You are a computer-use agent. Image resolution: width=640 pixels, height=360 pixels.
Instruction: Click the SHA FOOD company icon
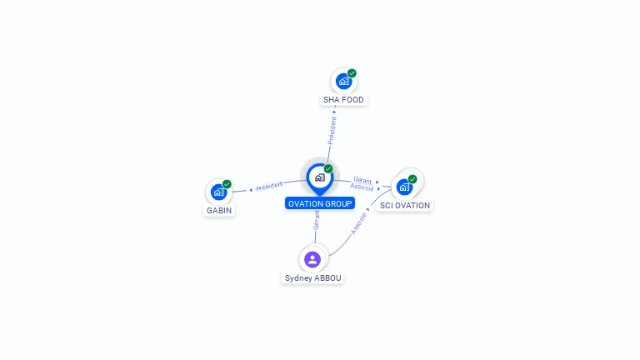click(x=343, y=81)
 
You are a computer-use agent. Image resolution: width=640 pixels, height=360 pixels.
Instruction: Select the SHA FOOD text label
click(x=343, y=100)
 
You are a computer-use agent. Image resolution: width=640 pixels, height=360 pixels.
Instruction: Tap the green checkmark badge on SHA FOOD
click(x=352, y=73)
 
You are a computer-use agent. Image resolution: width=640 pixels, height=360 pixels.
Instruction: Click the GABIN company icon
click(x=219, y=192)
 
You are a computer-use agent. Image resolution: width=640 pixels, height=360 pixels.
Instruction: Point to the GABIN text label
click(x=219, y=211)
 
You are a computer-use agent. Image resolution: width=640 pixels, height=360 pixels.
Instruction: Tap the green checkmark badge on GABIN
click(x=227, y=184)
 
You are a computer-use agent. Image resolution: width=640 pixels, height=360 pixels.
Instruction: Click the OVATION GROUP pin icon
click(x=320, y=179)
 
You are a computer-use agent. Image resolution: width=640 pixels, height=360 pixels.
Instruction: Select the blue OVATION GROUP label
click(x=320, y=203)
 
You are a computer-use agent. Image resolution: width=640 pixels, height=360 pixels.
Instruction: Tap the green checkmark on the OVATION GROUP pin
click(x=328, y=168)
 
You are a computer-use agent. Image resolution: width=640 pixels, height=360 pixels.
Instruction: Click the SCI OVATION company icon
click(x=404, y=187)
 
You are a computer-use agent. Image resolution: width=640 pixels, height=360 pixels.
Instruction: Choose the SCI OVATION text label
click(x=405, y=206)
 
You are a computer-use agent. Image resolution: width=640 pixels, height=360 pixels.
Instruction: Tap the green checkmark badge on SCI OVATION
click(x=412, y=179)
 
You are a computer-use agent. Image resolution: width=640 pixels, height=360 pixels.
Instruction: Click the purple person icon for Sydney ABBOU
click(x=312, y=259)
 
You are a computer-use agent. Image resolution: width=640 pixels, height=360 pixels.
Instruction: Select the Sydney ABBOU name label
click(x=313, y=278)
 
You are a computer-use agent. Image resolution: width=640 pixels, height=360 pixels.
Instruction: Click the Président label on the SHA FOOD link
click(x=332, y=131)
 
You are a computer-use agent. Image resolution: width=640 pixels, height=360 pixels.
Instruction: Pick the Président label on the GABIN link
click(x=269, y=187)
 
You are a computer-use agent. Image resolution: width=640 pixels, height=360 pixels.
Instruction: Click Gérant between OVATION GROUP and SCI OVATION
click(x=362, y=180)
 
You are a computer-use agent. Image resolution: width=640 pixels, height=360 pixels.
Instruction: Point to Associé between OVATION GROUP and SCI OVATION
click(x=362, y=187)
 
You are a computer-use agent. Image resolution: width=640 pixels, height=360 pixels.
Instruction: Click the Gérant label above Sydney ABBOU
click(x=317, y=221)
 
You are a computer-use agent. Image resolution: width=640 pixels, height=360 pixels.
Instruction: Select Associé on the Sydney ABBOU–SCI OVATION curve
click(x=359, y=223)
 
